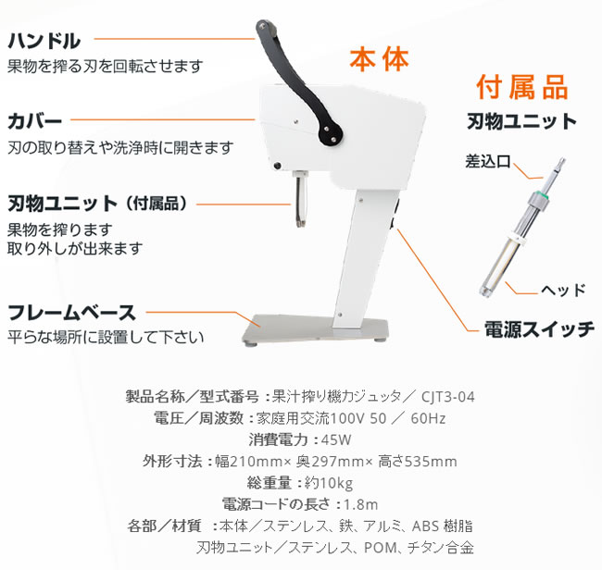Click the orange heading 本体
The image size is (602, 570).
click(x=379, y=60)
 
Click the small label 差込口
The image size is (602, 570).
click(x=488, y=160)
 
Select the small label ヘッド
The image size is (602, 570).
click(x=561, y=290)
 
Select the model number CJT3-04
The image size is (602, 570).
click(x=446, y=397)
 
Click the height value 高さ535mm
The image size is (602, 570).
click(x=417, y=461)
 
